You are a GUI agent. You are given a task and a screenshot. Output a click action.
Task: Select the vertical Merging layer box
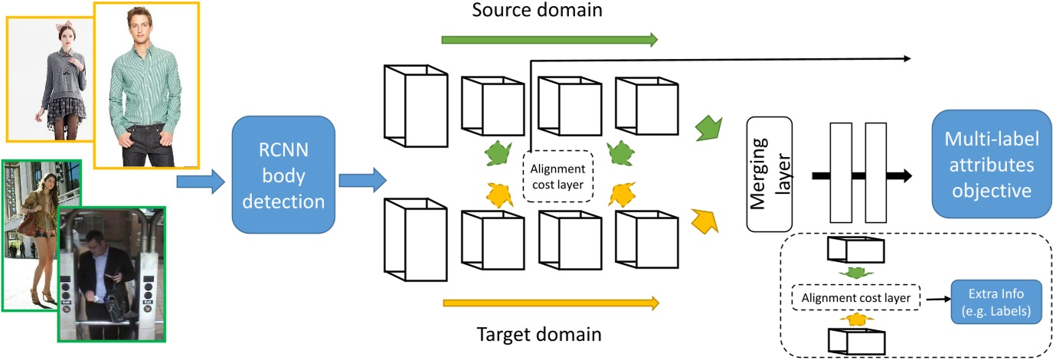click(x=769, y=176)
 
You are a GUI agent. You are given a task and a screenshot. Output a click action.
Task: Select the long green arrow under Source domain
click(x=549, y=40)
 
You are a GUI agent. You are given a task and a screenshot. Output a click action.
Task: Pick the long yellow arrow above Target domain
click(x=549, y=303)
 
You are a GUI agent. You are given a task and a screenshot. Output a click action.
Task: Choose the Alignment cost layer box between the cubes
click(x=558, y=176)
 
